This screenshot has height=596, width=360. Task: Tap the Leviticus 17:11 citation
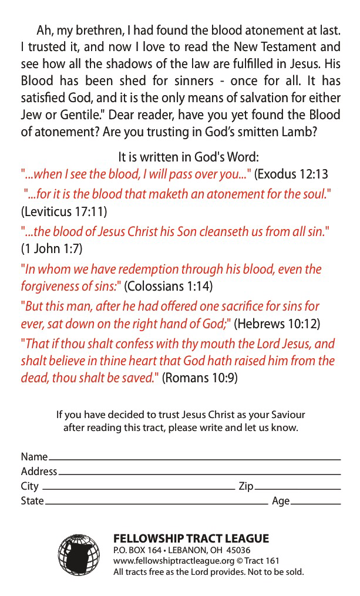63,211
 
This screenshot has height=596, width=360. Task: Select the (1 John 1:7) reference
52,248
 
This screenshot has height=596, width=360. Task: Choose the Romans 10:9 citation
200,378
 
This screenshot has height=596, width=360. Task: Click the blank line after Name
194,459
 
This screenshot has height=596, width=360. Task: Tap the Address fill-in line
199,473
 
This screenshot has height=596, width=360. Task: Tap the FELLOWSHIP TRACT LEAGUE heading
191,538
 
